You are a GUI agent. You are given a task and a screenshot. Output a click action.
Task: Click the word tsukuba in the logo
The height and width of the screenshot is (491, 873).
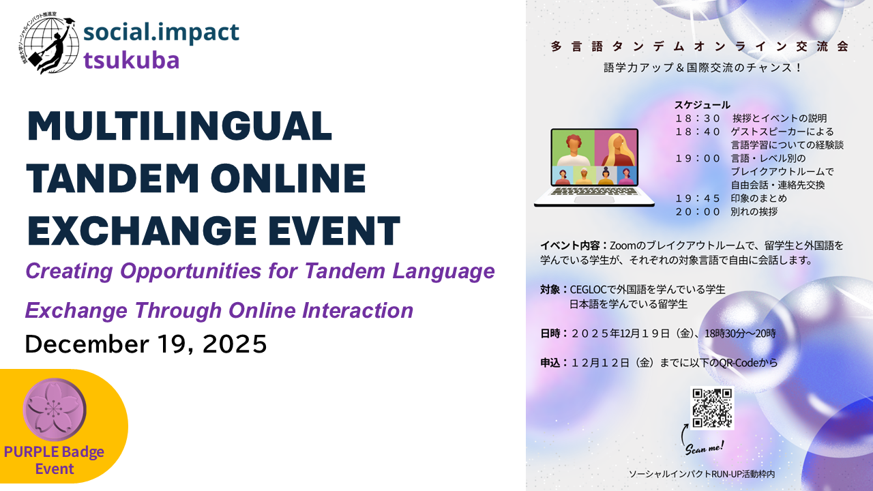click(132, 61)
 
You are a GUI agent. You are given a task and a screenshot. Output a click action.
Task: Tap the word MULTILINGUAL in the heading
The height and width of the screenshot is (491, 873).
click(179, 126)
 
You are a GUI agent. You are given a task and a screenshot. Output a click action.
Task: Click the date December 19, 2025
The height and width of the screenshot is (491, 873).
click(146, 344)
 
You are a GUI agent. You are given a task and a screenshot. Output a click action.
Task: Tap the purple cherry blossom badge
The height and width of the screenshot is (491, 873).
click(54, 410)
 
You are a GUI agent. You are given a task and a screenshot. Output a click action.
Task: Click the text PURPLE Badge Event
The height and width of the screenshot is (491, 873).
click(54, 460)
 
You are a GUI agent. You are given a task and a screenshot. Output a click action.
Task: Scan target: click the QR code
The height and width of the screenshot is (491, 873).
click(712, 408)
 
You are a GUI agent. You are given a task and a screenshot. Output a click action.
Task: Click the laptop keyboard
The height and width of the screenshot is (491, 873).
click(594, 192)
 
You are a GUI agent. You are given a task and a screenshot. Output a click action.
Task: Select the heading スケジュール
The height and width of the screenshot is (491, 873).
click(702, 105)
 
